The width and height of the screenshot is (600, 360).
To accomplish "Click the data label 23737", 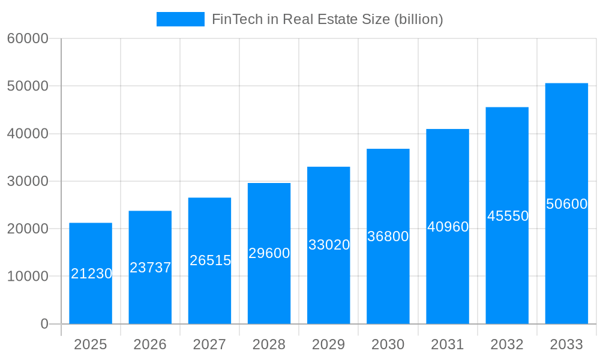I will click(x=151, y=268).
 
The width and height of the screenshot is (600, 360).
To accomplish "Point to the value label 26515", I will click(x=210, y=260).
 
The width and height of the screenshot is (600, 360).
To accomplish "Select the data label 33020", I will click(x=329, y=245).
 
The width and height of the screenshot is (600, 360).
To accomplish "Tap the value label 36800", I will click(x=388, y=236).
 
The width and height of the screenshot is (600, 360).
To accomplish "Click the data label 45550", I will click(x=507, y=216).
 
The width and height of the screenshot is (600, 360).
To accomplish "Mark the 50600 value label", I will click(x=566, y=204).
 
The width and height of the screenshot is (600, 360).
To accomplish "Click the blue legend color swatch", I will click(x=180, y=19).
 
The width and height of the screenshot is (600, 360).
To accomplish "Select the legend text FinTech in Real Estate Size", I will click(x=327, y=19).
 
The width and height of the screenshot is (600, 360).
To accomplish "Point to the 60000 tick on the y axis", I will click(x=28, y=38).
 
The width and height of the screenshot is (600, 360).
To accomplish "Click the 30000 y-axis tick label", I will click(x=28, y=181).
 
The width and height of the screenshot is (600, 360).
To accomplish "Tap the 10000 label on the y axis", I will click(x=28, y=277).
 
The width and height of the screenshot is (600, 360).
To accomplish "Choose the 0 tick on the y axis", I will click(x=44, y=324).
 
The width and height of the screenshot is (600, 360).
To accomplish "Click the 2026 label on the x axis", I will click(x=150, y=344).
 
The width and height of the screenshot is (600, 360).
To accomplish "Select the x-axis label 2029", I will click(x=329, y=344).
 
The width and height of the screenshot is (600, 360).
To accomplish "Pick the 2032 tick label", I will click(x=507, y=344).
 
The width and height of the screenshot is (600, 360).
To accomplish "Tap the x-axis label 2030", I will click(x=388, y=344).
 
